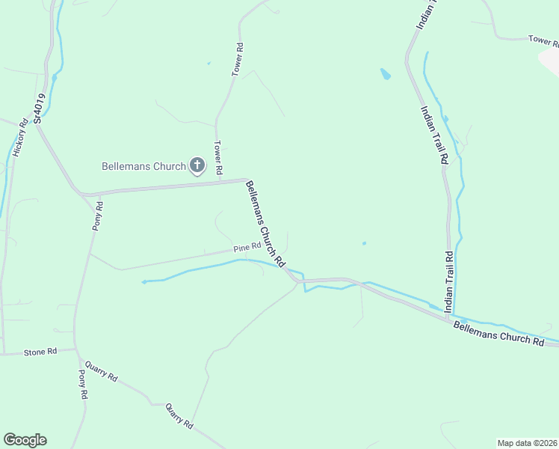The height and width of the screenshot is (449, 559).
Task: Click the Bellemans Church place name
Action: coord(143,166)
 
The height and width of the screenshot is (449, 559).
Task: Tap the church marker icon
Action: coord(197,165)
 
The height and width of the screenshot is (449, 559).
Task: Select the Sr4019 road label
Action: coord(40,109)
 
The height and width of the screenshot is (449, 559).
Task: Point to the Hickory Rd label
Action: coord(19,137)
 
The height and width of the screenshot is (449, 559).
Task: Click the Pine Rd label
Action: coord(247,247)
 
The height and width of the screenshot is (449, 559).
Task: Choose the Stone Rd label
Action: coord(40,352)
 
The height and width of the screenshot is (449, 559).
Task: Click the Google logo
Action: coord(25,440)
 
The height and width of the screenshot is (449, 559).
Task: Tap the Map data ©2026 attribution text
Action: coord(527,442)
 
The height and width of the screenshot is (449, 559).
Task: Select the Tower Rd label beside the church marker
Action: coord(218,158)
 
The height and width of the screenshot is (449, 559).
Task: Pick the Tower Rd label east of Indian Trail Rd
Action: coord(543,40)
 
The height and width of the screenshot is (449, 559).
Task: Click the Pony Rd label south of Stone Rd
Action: coord(83,384)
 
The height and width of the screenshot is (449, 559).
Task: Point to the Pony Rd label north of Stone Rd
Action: coord(97,216)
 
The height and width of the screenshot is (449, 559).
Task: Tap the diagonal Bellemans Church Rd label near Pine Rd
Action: coord(266,224)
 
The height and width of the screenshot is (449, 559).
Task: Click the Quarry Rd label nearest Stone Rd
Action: coord(101,372)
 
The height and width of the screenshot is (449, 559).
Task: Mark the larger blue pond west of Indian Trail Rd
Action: coord(386,74)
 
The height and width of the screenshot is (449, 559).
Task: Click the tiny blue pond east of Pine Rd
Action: coord(364,242)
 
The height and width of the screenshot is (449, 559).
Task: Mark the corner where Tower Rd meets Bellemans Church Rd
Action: coord(247,180)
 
